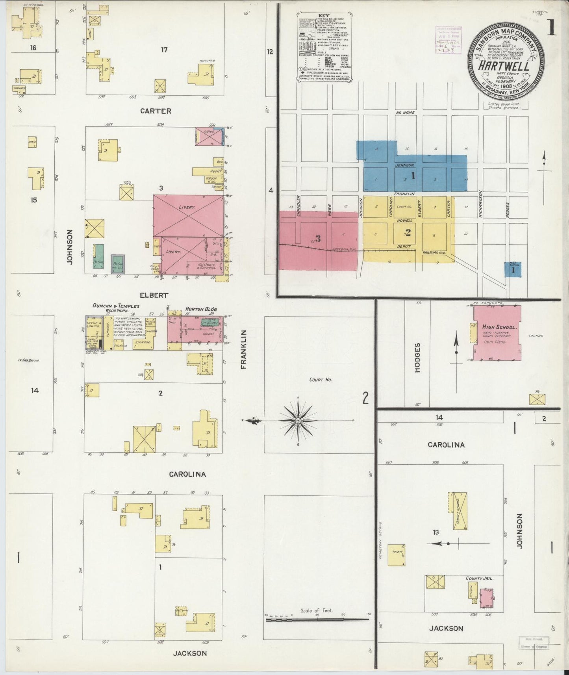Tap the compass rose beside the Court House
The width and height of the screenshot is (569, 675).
(298, 421)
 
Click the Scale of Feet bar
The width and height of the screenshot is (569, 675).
(317, 619)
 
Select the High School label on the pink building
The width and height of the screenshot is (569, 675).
(499, 327)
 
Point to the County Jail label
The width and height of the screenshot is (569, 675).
(479, 579)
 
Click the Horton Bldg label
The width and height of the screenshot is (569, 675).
(201, 309)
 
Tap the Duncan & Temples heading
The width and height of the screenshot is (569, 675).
(116, 306)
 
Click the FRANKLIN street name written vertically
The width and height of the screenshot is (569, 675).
(244, 349)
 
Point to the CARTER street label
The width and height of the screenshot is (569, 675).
(156, 111)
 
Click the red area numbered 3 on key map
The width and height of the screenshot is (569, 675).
(318, 239)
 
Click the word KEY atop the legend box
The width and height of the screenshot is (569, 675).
(323, 16)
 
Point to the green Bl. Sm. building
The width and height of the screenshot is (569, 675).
(98, 256)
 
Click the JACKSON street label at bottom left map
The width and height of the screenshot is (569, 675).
(190, 653)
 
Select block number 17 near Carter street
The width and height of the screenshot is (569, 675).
(164, 50)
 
